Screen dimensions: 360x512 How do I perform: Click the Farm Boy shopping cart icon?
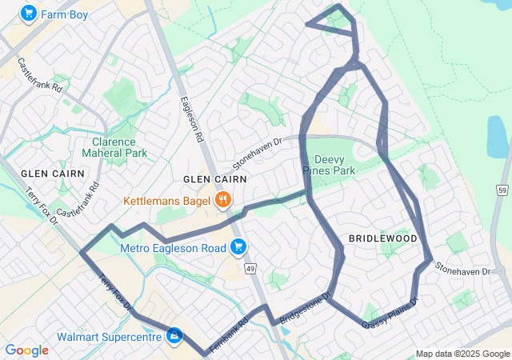[29, 14]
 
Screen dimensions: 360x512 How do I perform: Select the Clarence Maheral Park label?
[114, 146]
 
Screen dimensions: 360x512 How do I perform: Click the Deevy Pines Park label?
[328, 165]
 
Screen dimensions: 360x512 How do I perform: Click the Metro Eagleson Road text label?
[173, 248]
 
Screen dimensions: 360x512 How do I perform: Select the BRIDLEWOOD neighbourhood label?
[383, 238]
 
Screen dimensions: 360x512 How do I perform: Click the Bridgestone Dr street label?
[304, 310]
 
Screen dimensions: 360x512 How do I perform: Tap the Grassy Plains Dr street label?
[390, 313]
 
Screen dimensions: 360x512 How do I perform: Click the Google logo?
[26, 350]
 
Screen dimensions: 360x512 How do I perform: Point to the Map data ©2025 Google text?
[462, 354]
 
